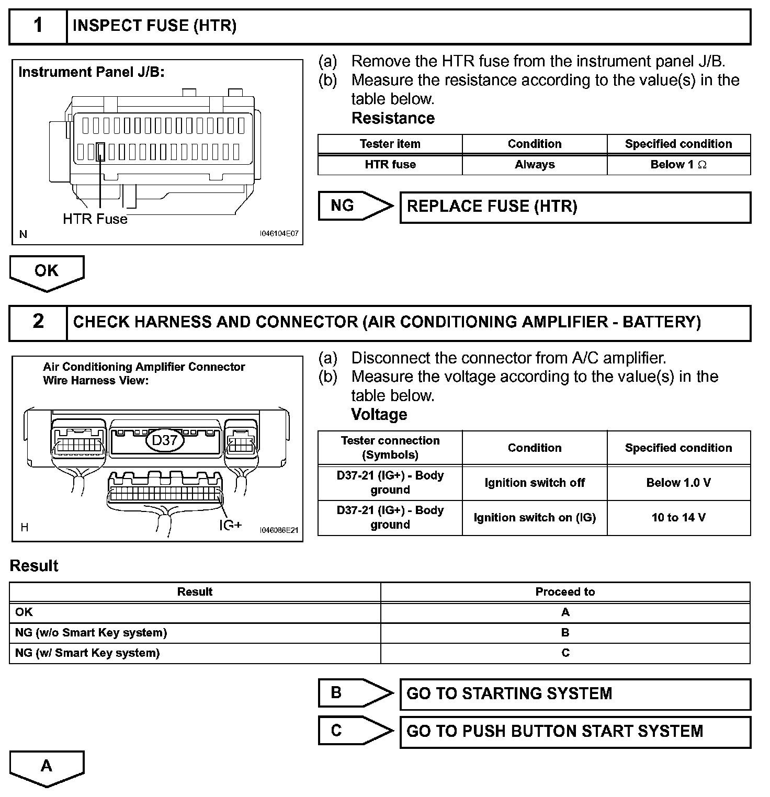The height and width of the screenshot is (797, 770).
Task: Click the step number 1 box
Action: click(38, 26)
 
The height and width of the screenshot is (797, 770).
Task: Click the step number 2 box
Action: click(38, 322)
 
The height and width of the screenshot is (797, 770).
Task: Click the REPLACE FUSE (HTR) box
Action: click(575, 207)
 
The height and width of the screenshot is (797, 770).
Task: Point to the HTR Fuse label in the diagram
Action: click(95, 219)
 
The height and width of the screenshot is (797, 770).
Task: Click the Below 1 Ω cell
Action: click(678, 165)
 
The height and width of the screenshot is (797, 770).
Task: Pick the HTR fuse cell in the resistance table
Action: click(390, 165)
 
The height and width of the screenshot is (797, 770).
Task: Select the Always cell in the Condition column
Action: click(535, 165)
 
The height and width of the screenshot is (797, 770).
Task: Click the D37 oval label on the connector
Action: click(165, 440)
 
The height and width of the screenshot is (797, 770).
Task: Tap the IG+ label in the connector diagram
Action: click(230, 525)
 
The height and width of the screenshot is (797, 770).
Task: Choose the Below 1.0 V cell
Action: click(678, 483)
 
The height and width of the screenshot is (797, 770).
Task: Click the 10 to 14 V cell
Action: click(678, 518)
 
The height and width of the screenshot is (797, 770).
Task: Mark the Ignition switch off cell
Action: click(535, 483)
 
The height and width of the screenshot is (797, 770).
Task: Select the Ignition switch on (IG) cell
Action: click(535, 518)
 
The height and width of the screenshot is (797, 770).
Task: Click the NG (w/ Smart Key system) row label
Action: click(87, 653)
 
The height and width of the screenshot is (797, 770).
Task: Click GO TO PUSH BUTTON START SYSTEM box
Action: click(575, 731)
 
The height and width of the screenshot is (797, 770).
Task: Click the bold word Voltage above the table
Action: click(379, 415)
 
